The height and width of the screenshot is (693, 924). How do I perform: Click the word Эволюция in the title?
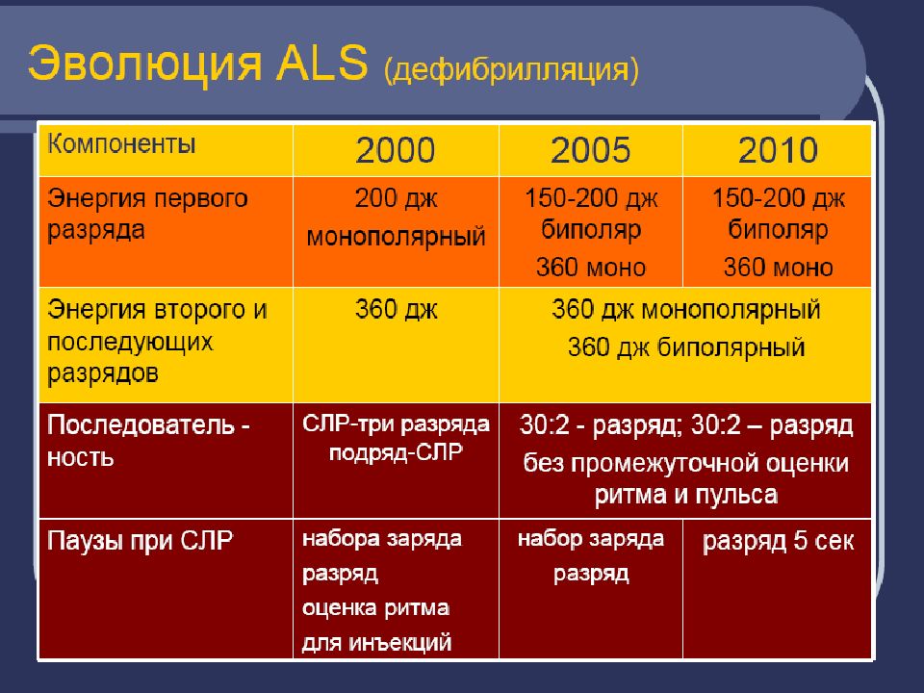click(143, 64)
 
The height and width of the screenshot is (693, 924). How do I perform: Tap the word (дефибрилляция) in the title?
click(511, 70)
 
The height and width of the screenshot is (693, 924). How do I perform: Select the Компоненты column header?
click(121, 143)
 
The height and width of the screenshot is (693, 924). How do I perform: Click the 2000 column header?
click(396, 150)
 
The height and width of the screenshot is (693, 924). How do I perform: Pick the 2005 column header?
click(590, 150)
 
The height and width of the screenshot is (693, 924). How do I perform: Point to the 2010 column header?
click(778, 150)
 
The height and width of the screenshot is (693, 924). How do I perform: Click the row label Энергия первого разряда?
click(147, 215)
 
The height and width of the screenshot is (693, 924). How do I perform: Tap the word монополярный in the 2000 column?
click(396, 237)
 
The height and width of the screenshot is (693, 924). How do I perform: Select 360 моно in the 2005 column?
click(590, 268)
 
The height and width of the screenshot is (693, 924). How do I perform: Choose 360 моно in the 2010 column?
click(778, 268)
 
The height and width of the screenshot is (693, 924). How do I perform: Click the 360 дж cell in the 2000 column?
click(396, 310)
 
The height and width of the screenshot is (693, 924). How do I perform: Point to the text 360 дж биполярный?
click(686, 347)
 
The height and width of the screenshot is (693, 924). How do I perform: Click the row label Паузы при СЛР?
click(140, 541)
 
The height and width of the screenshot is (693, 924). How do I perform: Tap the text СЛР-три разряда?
click(396, 424)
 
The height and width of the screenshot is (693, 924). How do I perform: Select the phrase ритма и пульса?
click(686, 495)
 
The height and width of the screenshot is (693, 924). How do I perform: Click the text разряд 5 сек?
click(778, 541)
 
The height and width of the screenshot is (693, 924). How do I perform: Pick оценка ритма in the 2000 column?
click(376, 607)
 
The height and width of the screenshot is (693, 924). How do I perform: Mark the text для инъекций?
click(376, 642)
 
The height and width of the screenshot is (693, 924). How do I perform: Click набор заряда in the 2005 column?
click(590, 539)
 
